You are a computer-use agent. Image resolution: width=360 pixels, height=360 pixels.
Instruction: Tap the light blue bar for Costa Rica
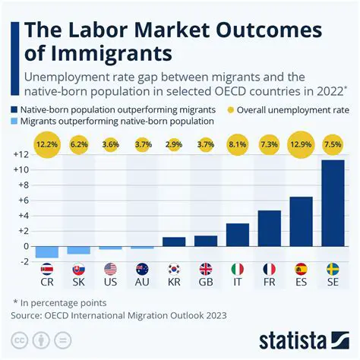[x=47, y=252]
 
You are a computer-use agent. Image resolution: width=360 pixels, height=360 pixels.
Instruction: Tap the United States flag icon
[x=111, y=269]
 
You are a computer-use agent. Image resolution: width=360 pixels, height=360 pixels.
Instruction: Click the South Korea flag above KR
[x=174, y=269]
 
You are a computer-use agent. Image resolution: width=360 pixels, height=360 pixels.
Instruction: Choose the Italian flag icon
[x=238, y=269]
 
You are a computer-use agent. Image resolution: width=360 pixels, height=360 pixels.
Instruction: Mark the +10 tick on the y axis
[x=20, y=169]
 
